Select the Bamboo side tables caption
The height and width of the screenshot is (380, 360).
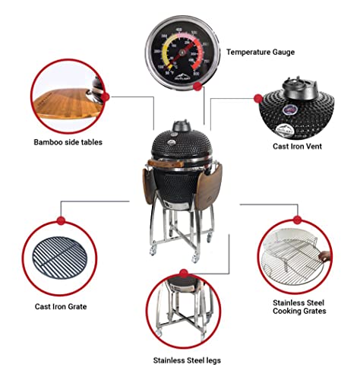coord(68,141)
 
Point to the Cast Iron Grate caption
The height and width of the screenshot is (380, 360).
coord(60,306)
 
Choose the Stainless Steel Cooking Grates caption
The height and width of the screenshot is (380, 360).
coord(299,306)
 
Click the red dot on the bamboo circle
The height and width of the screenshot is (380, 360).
coord(106,96)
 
